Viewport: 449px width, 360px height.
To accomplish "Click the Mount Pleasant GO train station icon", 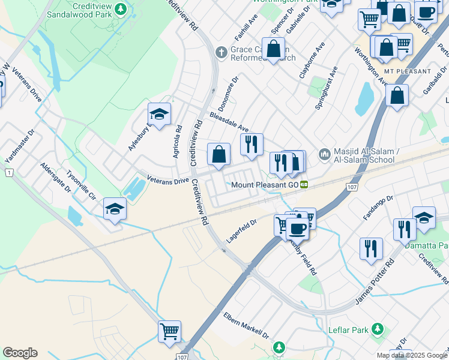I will [304, 185].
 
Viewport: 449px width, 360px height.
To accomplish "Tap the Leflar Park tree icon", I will [378, 329].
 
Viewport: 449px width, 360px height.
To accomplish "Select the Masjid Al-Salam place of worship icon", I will [325, 155].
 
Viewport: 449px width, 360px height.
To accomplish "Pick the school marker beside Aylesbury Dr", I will [159, 115].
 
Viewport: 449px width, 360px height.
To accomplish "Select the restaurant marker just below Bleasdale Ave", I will [252, 144].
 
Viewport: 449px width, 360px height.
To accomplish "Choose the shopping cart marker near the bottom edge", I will [170, 331].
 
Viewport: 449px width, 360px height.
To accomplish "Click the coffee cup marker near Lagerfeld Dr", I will [297, 228].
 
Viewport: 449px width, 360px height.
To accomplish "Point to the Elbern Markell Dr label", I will [246, 325].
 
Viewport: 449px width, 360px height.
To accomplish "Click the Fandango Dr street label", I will [378, 206].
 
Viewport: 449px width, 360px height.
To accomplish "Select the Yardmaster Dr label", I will [19, 149].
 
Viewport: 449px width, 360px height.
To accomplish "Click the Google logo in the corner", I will [20, 353].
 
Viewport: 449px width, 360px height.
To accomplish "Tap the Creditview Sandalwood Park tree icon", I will [121, 9].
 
